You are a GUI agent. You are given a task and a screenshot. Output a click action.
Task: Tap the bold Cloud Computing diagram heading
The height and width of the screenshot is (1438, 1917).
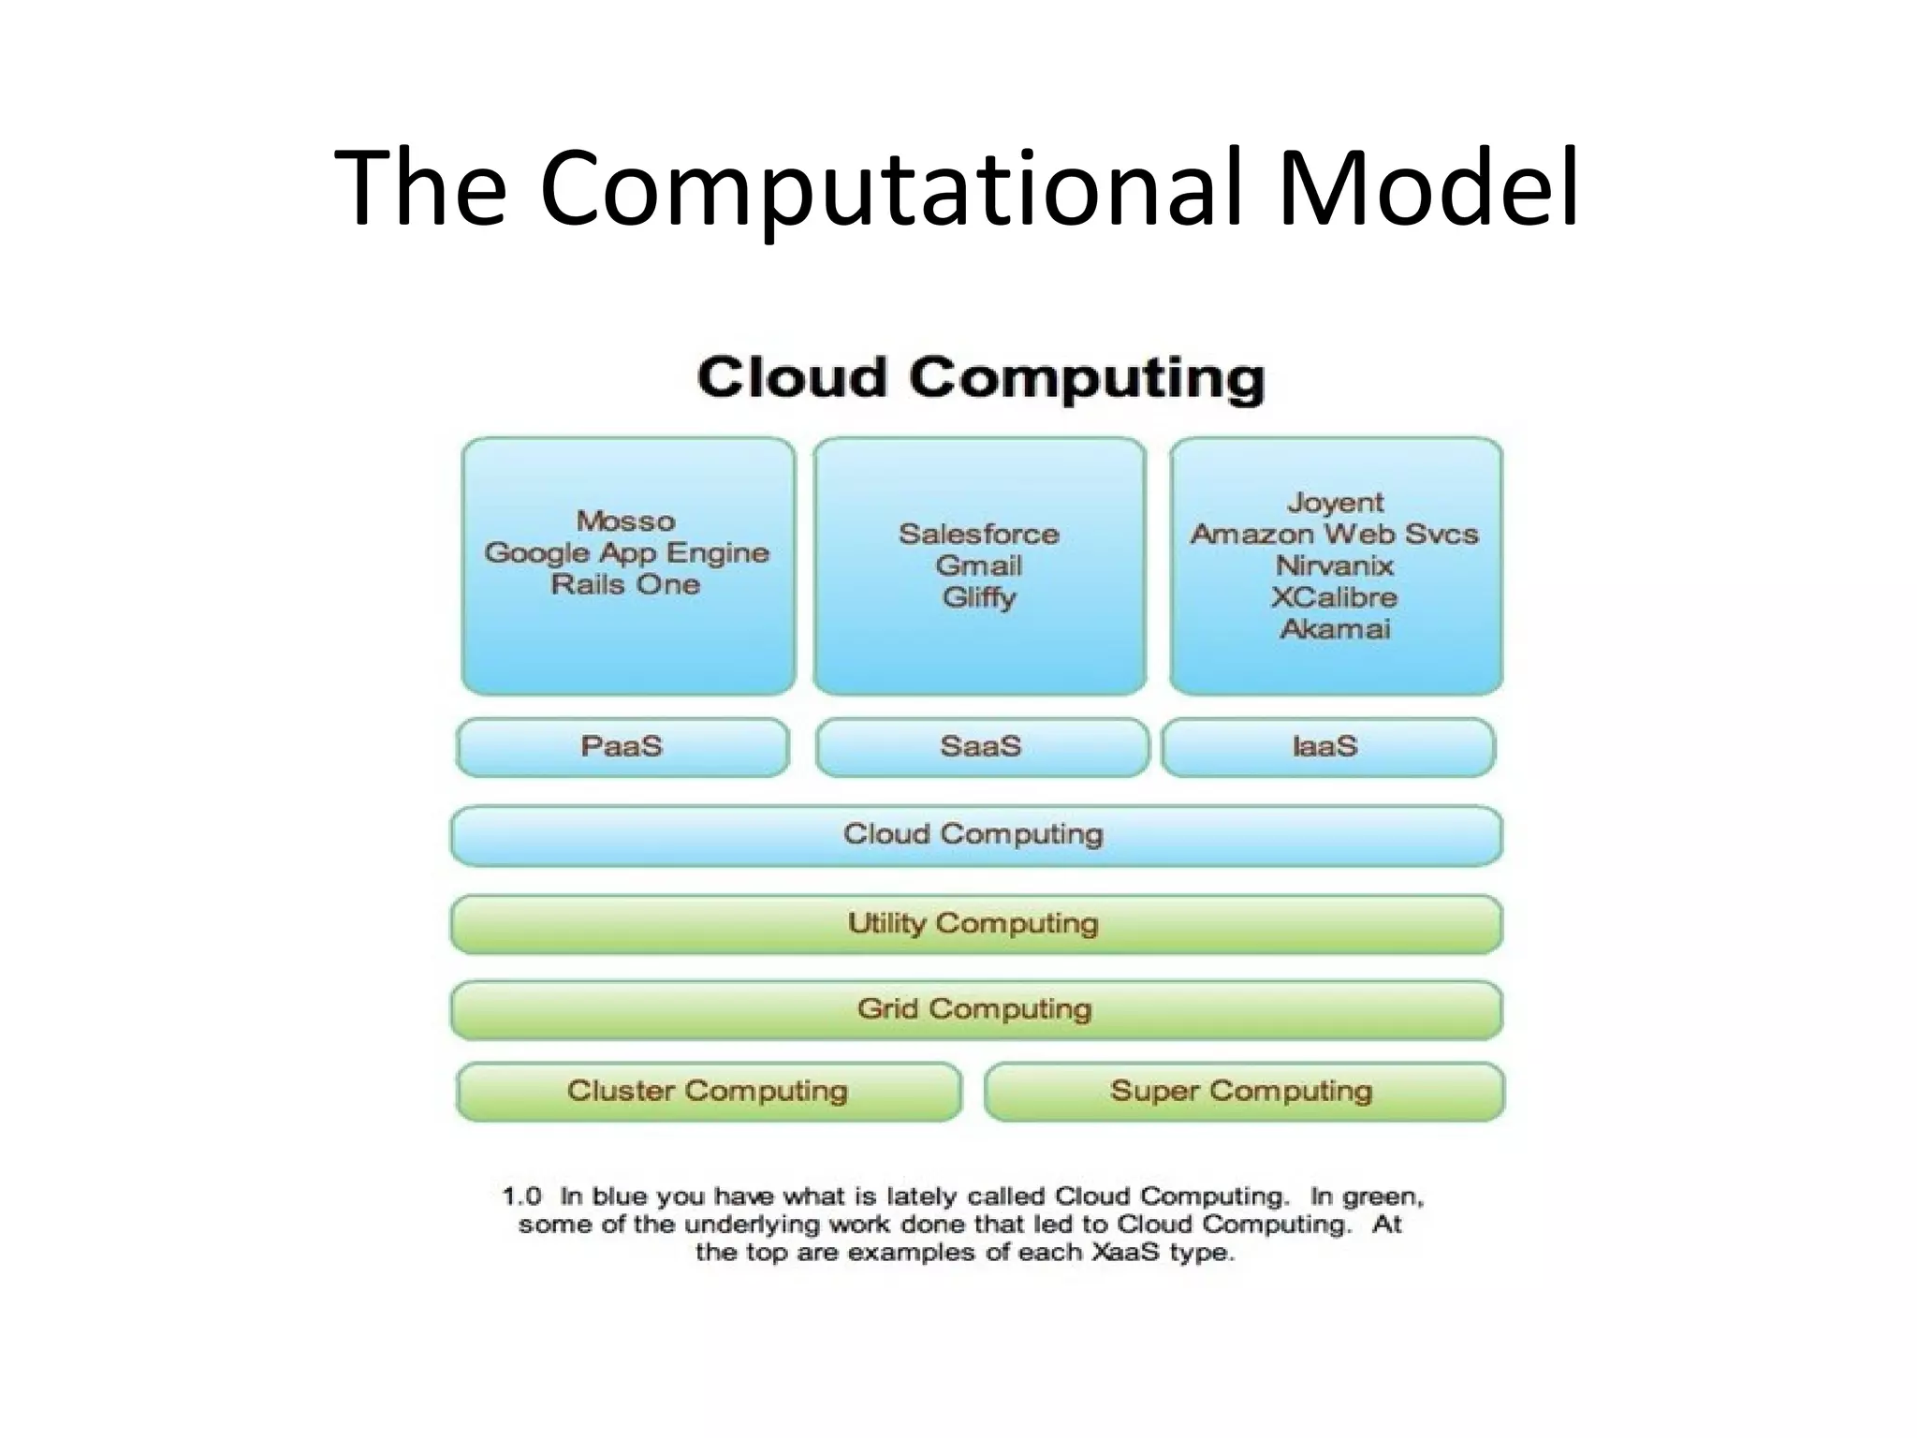coord(980,378)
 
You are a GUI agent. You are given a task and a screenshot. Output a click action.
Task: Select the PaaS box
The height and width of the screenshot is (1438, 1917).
coord(622,747)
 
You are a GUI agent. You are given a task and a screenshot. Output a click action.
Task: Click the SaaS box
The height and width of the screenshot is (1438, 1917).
coord(980,747)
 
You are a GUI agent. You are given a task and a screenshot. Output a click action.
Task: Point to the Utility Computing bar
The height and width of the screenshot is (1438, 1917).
coord(973,924)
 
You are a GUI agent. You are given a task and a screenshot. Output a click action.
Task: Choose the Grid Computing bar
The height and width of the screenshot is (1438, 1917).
coord(973,1009)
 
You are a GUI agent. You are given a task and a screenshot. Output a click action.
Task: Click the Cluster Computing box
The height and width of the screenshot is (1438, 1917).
coord(708,1091)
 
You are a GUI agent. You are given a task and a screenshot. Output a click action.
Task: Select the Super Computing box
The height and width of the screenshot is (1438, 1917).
coord(1242,1091)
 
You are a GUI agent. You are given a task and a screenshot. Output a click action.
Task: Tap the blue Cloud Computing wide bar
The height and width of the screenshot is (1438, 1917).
coord(973,834)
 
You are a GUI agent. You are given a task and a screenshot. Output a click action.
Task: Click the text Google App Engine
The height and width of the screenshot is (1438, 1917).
coord(626,552)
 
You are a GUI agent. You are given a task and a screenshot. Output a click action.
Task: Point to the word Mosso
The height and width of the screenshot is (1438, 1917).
coord(625,521)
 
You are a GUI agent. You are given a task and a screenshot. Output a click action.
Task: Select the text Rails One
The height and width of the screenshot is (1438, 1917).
coord(625,584)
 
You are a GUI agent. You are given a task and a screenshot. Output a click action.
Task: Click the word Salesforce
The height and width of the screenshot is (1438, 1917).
coord(979,534)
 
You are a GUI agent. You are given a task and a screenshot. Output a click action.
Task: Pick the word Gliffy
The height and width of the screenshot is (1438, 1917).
coord(979,597)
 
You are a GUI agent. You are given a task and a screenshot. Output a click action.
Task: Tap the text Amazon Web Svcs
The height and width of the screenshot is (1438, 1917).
coord(1335,534)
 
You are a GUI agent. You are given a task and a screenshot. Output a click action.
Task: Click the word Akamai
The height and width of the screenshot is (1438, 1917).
coord(1335,628)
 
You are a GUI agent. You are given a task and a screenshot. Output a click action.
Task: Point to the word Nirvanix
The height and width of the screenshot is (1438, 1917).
coord(1335,565)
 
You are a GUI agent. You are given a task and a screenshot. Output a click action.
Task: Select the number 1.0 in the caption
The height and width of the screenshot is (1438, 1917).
coord(522,1196)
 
